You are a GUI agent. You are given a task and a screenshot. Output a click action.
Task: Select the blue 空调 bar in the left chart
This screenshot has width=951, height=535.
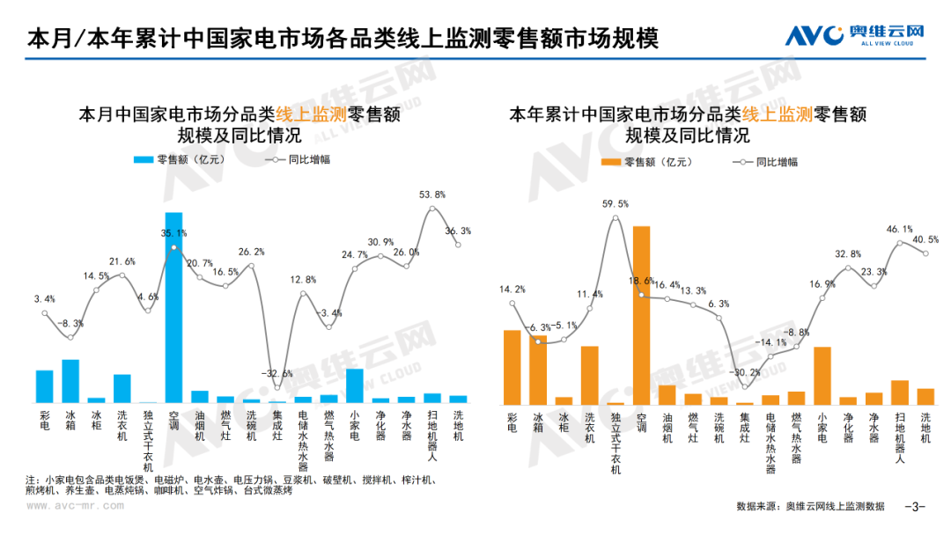click(x=173, y=308)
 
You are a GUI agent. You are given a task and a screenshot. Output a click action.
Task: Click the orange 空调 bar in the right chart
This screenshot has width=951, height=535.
click(x=641, y=315)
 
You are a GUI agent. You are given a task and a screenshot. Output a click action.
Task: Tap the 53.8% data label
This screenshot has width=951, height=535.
click(x=431, y=194)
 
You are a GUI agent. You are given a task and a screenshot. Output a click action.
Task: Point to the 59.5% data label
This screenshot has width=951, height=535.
click(x=616, y=204)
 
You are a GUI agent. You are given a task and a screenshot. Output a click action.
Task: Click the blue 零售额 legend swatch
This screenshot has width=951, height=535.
click(x=142, y=160)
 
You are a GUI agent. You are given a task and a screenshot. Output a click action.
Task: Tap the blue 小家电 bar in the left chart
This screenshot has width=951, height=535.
click(x=355, y=385)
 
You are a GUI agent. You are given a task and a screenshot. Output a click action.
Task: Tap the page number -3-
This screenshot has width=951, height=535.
click(x=916, y=506)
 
